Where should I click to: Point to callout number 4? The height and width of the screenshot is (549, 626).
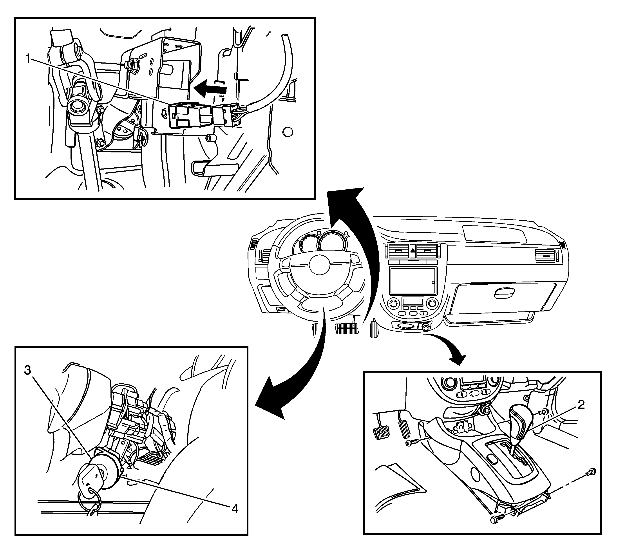pyautogui.click(x=234, y=509)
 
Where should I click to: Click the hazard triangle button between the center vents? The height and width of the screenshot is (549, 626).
pyautogui.click(x=413, y=250)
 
